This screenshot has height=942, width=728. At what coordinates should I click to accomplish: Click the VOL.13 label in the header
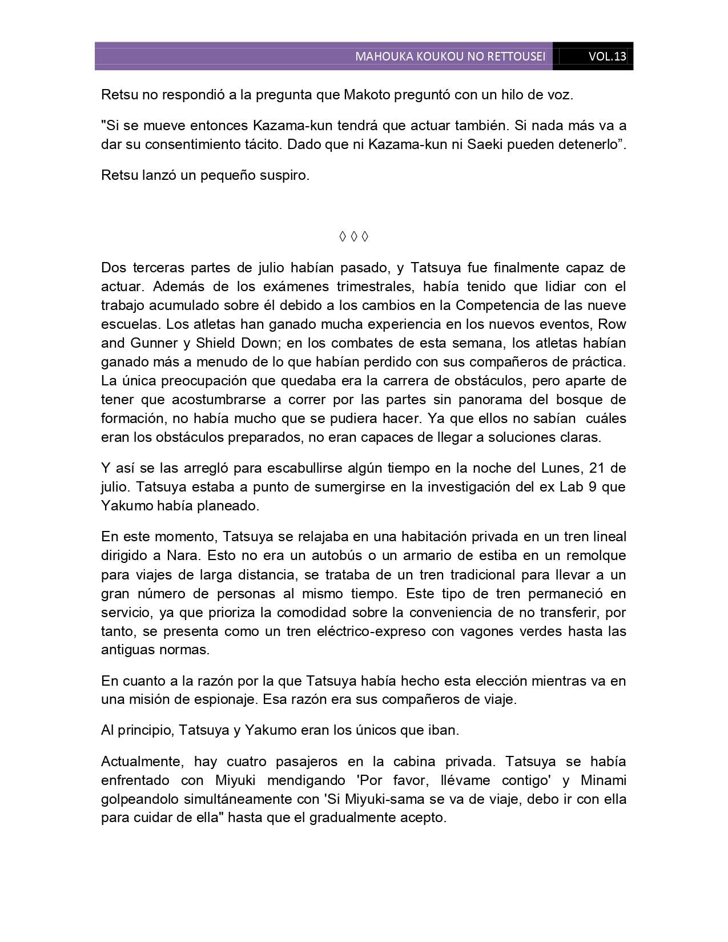pos(606,57)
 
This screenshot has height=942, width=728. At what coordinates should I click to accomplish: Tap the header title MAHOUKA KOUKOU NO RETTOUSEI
pos(450,57)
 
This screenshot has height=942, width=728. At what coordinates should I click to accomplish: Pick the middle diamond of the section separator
pos(353,236)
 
